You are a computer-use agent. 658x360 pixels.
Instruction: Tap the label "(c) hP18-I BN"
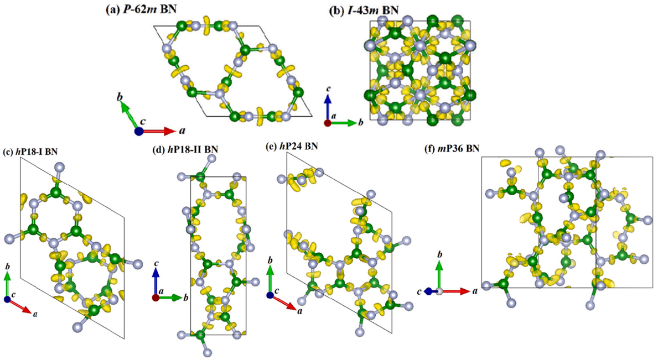[x=30, y=152]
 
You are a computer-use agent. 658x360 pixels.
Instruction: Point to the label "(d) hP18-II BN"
[x=185, y=150]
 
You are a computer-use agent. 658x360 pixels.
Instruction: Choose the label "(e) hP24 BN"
[x=292, y=146]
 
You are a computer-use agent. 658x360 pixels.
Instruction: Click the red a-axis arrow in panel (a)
[x=158, y=131]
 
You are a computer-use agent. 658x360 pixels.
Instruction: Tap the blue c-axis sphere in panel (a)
[x=139, y=131]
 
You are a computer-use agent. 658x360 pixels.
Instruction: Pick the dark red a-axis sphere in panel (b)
[x=328, y=123]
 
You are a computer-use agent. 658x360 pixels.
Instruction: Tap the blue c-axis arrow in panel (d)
[x=156, y=283]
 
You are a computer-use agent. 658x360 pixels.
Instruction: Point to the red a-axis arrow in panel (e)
[x=282, y=302]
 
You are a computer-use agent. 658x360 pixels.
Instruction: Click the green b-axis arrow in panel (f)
[x=439, y=275]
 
